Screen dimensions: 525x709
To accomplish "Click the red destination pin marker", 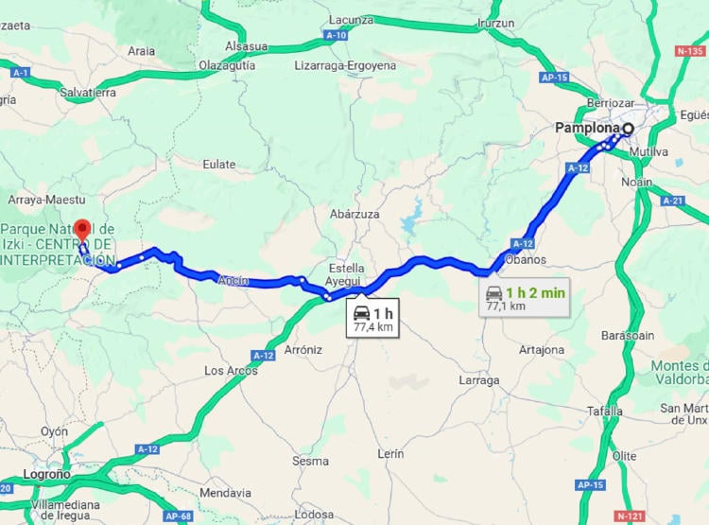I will point(82,229).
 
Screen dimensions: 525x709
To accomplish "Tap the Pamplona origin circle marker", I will point(628,128).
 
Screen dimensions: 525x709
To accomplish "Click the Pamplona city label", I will point(588,128).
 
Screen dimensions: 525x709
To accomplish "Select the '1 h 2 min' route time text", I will point(535,292).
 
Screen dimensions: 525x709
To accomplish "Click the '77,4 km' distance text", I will point(372,327).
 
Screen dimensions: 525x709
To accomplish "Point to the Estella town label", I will point(347,268).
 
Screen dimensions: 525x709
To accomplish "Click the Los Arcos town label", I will point(232,371).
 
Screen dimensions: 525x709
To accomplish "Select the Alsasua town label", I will point(246,46).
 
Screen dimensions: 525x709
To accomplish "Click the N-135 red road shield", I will point(691,51).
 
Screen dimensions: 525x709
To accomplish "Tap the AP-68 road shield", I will point(179,516).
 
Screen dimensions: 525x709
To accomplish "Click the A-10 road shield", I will point(335,35).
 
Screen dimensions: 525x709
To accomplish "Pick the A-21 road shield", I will point(672,201).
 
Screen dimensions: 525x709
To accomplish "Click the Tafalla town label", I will point(605,411).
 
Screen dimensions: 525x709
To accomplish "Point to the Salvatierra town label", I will point(87,93).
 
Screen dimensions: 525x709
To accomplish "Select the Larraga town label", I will point(478,380).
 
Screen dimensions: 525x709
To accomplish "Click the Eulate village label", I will point(218,164).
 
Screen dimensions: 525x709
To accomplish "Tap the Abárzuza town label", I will point(354,214).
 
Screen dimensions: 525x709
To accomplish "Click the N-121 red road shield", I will point(630,516).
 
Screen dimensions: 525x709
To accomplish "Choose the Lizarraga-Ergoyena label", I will point(345,65).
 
